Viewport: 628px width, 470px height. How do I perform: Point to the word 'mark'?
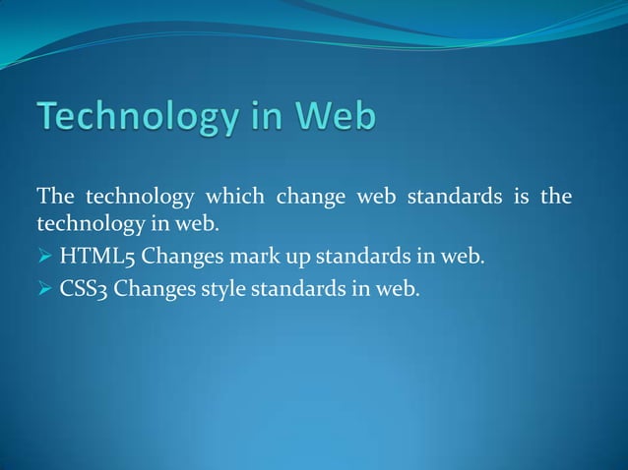pyautogui.click(x=242, y=258)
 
